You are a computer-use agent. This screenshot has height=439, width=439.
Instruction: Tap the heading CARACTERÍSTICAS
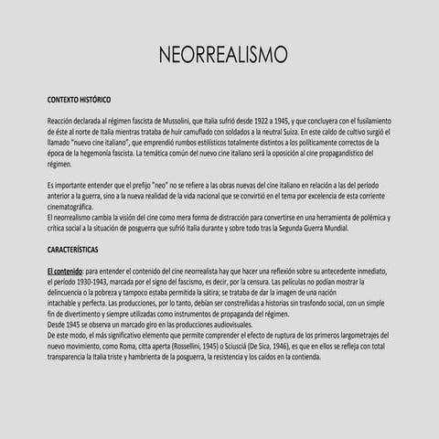[74, 249]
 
